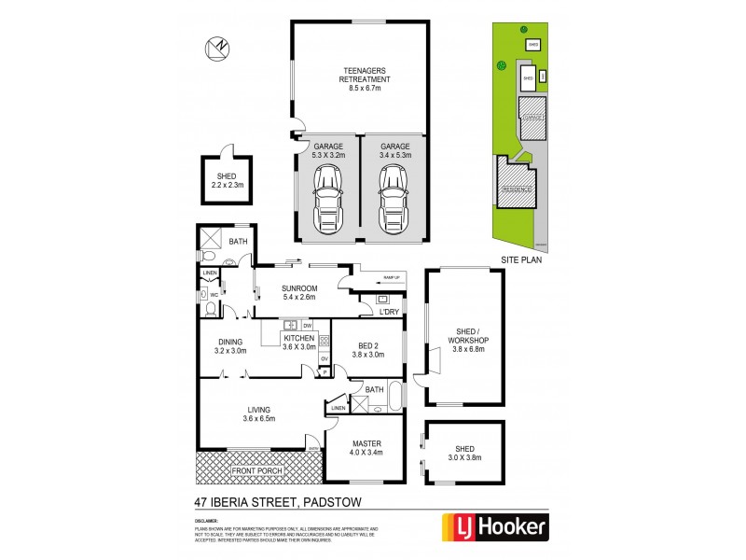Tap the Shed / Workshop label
click(x=467, y=341)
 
